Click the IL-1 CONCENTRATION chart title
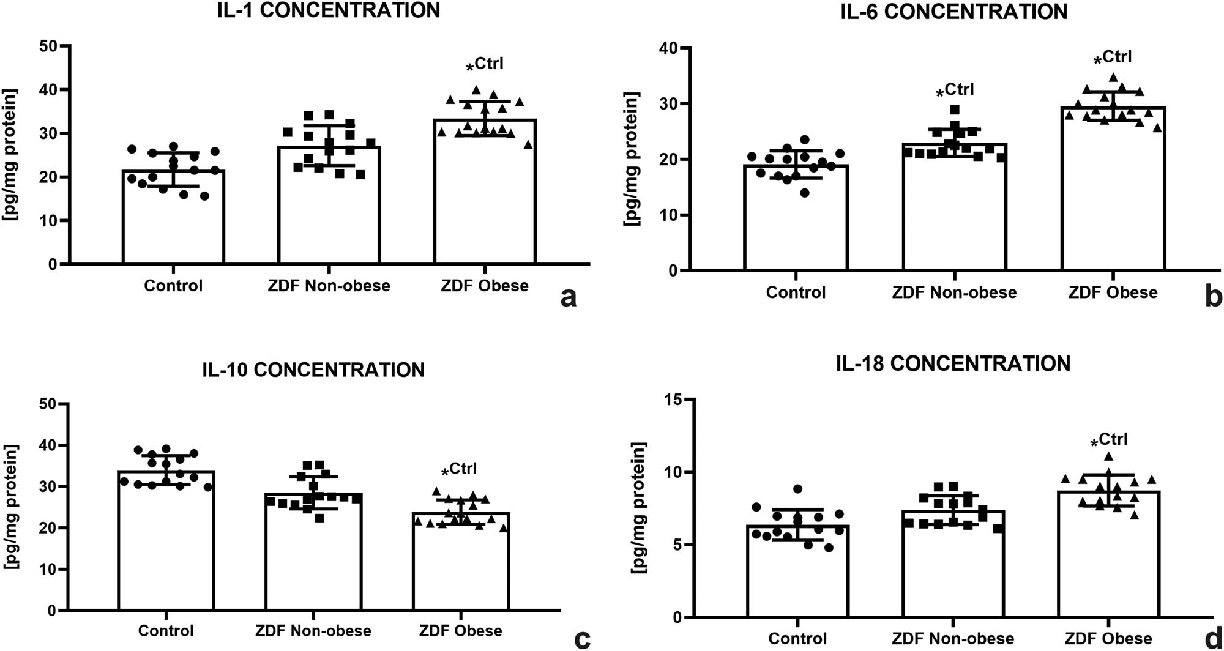click(329, 10)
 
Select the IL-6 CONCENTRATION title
click(953, 12)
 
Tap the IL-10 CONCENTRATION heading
click(313, 370)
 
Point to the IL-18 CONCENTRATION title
click(953, 363)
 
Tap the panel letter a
click(569, 297)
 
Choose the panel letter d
click(1212, 639)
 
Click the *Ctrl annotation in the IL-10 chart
click(459, 470)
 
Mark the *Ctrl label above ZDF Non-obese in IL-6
click(955, 91)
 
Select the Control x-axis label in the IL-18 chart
click(797, 638)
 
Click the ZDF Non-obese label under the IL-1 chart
click(329, 286)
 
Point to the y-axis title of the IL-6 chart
click(631, 159)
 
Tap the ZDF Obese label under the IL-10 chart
click(460, 631)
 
